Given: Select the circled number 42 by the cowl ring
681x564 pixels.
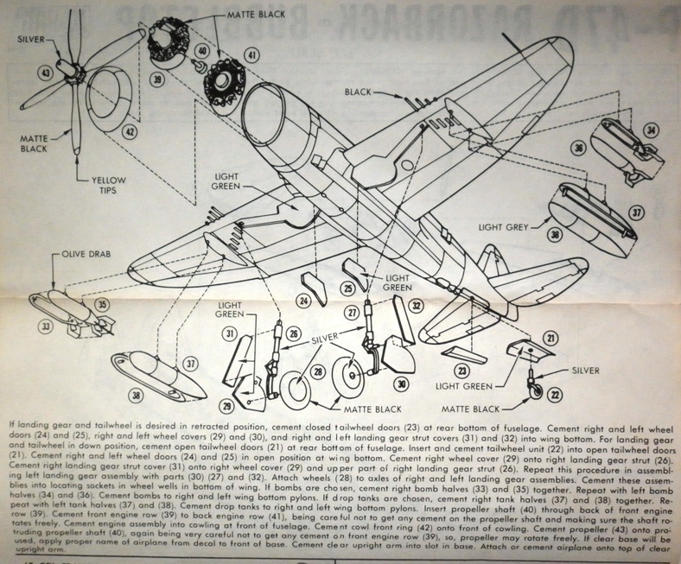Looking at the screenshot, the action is [130, 131].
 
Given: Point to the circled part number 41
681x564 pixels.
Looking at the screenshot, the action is [251, 54].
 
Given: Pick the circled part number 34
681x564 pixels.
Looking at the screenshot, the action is [652, 131].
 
